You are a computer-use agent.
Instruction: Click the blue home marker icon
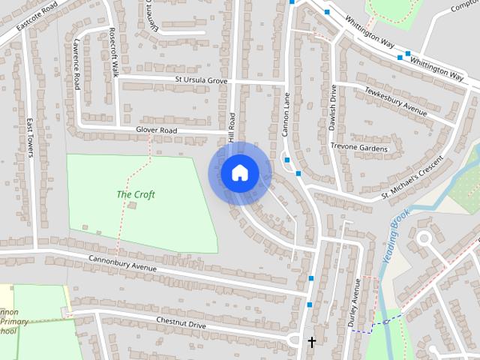pos(239,172)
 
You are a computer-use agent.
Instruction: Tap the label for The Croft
pos(136,195)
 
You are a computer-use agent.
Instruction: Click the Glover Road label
pos(156,130)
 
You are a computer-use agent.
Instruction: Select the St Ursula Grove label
pos(201,79)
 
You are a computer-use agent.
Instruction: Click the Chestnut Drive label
pos(181,324)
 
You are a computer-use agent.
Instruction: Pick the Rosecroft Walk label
pos(114,53)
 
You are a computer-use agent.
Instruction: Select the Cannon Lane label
pos(286,114)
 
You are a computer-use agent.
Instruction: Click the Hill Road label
pos(232,129)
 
